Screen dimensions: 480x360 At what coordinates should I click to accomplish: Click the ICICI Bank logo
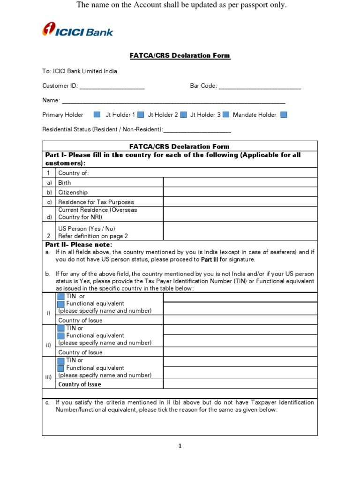click(x=77, y=31)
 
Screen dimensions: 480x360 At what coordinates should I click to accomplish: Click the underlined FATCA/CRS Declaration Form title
click(x=180, y=55)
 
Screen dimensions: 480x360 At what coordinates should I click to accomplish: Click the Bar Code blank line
click(x=260, y=87)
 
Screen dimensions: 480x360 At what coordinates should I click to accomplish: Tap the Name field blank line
click(x=173, y=101)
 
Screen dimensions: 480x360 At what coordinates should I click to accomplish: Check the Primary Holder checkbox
click(x=97, y=114)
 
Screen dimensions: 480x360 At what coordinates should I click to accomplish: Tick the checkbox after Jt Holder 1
click(x=141, y=114)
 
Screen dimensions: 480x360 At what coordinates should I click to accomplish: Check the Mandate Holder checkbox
click(x=283, y=114)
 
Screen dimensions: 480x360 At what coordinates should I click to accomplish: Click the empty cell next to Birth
click(x=240, y=182)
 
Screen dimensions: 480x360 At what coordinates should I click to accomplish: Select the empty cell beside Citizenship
click(x=240, y=192)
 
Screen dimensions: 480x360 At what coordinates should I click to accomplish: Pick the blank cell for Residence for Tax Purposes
click(x=240, y=202)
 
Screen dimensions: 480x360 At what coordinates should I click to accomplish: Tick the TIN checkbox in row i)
click(x=60, y=296)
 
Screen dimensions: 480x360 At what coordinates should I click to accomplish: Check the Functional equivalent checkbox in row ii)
click(x=60, y=336)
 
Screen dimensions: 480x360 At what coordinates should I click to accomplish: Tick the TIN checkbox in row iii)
click(x=60, y=360)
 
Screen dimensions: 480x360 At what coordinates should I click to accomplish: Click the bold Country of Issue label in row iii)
click(x=79, y=384)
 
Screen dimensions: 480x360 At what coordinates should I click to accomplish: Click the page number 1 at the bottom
click(x=180, y=446)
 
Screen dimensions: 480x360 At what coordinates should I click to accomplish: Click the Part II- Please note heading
click(x=79, y=245)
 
